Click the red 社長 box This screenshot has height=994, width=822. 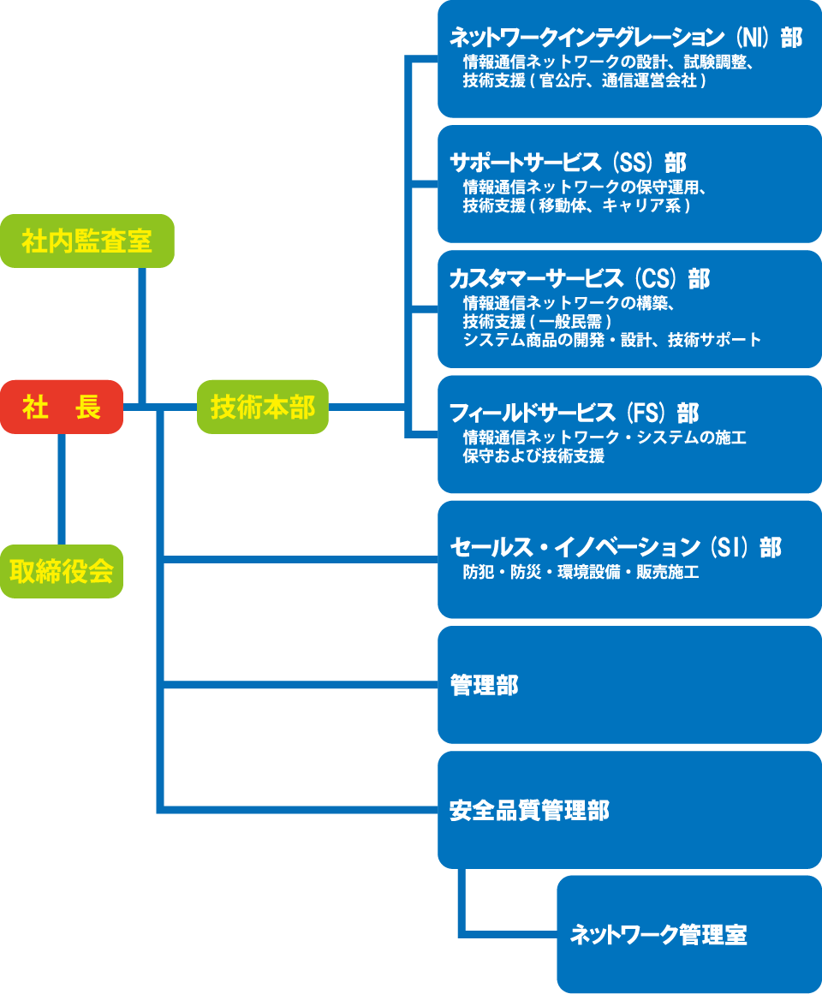coord(62,407)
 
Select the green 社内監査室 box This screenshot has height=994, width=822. coord(87,241)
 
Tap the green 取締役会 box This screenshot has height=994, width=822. coord(62,571)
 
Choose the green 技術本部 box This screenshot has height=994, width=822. coord(263,407)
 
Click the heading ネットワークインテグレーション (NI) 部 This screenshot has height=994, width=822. coord(626,38)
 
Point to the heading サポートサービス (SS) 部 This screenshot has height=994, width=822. coord(568,163)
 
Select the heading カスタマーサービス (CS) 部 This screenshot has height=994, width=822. coord(580,278)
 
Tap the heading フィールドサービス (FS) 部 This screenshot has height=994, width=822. coord(574,414)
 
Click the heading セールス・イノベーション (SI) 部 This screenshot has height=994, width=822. coord(616,547)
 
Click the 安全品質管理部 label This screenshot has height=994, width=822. coord(529,810)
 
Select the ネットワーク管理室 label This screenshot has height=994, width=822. coord(658,935)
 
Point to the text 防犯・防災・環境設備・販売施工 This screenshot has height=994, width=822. coord(581,572)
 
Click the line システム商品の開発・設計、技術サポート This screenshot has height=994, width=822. coord(611,340)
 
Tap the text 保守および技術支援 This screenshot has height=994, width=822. coord(533,456)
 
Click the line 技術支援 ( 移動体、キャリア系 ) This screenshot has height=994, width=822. coord(576,206)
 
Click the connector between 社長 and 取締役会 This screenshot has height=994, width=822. coord(62,488)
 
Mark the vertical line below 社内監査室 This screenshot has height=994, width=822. coord(142,334)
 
